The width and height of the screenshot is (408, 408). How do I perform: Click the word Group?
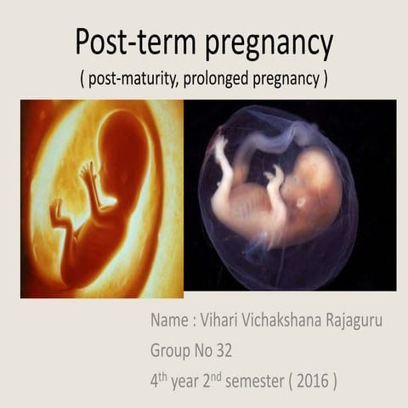[171, 350]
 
